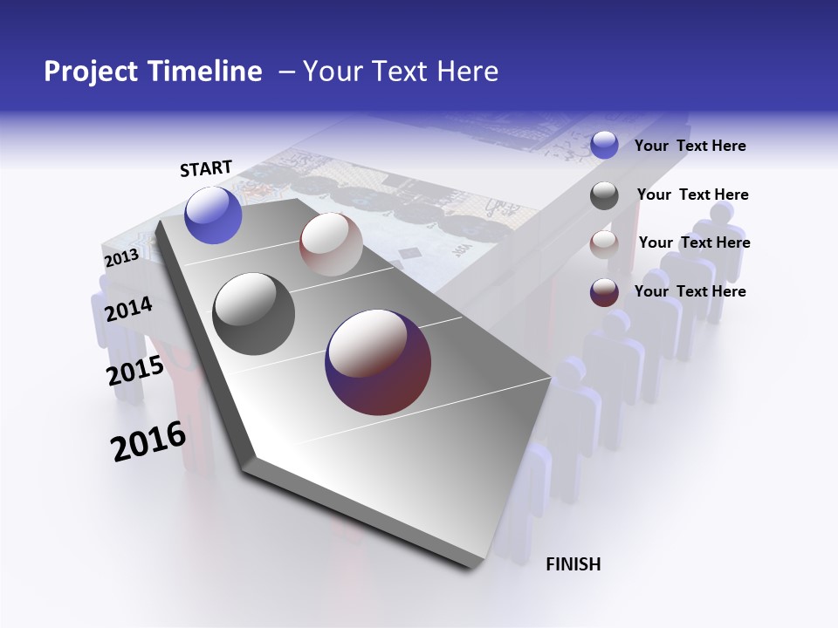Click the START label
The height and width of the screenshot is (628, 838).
click(x=206, y=168)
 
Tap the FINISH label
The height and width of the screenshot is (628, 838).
click(x=573, y=564)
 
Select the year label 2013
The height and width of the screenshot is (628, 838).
click(x=121, y=258)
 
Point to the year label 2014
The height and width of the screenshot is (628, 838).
click(x=128, y=309)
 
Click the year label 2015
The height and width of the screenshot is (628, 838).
click(x=135, y=372)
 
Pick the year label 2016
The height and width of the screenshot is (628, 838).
click(x=148, y=441)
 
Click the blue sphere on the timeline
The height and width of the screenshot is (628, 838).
click(x=213, y=215)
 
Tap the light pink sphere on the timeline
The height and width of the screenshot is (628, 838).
click(x=331, y=244)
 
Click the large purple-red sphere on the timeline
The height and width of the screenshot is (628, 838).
click(x=378, y=362)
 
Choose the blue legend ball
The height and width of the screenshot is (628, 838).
click(x=604, y=145)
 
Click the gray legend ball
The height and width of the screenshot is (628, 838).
click(x=604, y=195)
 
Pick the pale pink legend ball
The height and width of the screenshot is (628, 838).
click(x=604, y=243)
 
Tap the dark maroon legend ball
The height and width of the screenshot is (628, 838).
click(x=604, y=292)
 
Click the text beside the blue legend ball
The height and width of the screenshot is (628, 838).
click(x=690, y=146)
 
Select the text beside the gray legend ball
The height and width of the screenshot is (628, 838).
click(x=692, y=195)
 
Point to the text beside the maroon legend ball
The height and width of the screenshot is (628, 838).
click(x=690, y=291)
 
